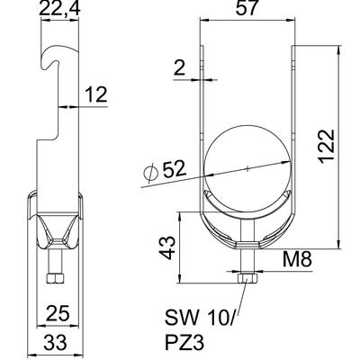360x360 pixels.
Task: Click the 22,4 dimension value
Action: (59, 9)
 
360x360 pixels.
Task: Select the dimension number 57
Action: (247, 8)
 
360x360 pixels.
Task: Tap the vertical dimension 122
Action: (326, 147)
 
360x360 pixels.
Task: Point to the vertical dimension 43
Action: (167, 247)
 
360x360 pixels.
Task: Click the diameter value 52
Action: (175, 169)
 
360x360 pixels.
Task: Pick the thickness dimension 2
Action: (179, 68)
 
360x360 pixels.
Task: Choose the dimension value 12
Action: (96, 94)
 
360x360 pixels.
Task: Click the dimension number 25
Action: (58, 313)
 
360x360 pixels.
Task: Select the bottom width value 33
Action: (56, 342)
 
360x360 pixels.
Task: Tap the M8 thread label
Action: (297, 259)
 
